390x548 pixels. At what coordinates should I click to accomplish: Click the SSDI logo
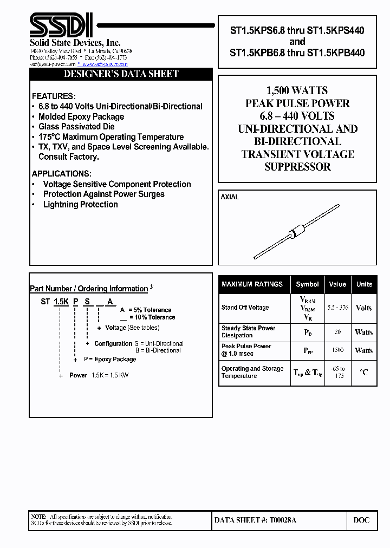[x=60, y=25]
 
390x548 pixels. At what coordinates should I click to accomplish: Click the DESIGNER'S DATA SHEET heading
[x=121, y=74]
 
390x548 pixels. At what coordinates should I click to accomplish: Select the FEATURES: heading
[x=53, y=96]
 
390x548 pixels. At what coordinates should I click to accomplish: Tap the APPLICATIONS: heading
[x=61, y=174]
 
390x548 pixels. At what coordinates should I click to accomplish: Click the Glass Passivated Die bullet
[x=76, y=127]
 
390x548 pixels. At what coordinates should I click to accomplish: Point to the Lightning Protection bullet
[x=80, y=205]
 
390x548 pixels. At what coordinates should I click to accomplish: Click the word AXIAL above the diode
[x=230, y=197]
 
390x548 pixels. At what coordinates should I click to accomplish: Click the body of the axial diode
[x=294, y=234]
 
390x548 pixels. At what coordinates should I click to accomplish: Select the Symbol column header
[x=307, y=284]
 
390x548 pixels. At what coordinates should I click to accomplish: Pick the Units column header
[x=364, y=284]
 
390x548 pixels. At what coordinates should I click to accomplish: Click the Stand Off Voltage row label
[x=245, y=308]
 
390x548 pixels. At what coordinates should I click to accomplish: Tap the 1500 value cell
[x=337, y=350]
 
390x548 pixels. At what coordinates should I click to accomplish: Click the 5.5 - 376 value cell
[x=337, y=308]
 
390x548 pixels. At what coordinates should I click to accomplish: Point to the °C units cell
[x=364, y=372]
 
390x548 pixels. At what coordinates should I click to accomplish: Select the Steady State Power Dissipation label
[x=248, y=332]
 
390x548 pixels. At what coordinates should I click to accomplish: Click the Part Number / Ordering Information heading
[x=89, y=289]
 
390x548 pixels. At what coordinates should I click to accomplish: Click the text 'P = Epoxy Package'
[x=110, y=360]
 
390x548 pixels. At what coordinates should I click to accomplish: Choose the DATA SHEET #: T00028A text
[x=255, y=520]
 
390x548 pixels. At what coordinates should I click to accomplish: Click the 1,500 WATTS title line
[x=297, y=90]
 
